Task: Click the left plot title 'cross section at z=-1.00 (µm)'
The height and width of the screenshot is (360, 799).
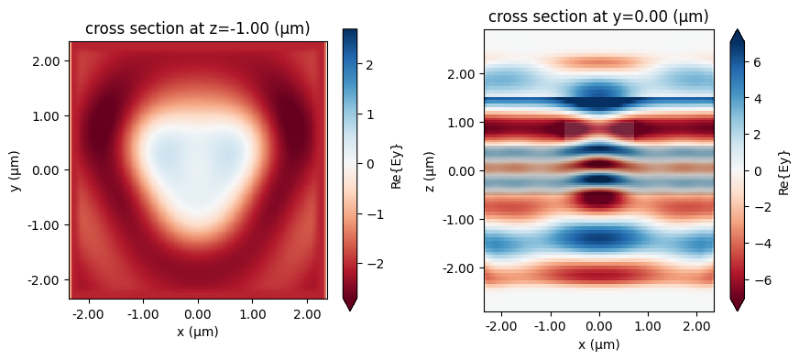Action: tap(197, 29)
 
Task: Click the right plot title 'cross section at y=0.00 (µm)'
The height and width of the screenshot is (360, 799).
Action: tap(598, 16)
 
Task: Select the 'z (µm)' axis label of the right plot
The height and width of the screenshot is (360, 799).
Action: tap(429, 170)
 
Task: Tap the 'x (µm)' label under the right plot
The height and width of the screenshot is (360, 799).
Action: tap(598, 344)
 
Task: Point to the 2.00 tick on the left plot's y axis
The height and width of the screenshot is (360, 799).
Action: tap(49, 60)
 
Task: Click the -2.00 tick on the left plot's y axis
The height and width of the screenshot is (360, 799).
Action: tap(47, 279)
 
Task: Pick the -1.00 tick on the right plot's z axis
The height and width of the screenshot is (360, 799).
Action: tap(461, 220)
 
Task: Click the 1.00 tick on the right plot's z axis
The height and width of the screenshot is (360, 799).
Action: tap(464, 122)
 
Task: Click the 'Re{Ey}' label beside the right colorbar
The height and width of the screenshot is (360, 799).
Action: tap(785, 170)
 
